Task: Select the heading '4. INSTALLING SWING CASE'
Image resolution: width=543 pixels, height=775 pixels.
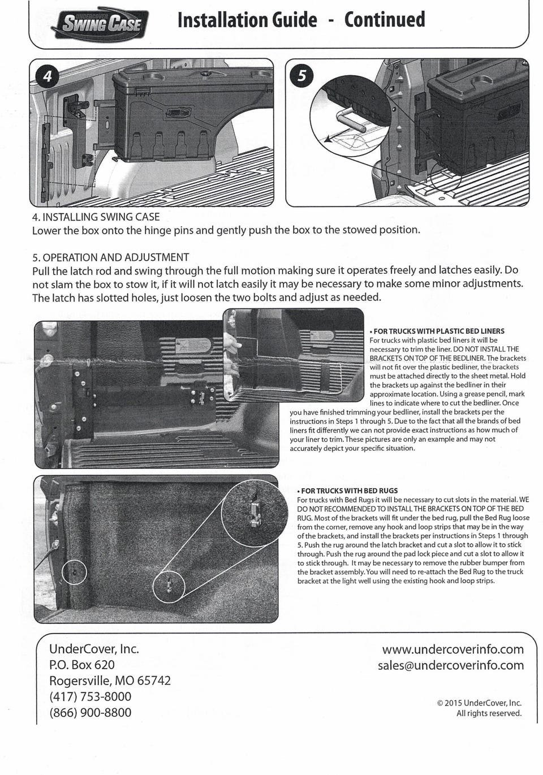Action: click(x=96, y=217)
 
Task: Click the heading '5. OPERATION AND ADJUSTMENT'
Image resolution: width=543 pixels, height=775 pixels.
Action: click(x=111, y=257)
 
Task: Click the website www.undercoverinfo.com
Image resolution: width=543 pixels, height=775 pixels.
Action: click(x=453, y=649)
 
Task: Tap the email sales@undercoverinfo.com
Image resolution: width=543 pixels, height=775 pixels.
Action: click(x=450, y=665)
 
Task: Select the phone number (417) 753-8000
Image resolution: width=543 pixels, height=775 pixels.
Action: click(x=90, y=696)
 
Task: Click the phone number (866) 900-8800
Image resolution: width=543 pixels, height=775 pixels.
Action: click(x=90, y=712)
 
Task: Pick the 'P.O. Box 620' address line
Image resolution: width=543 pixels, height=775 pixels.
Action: click(x=82, y=665)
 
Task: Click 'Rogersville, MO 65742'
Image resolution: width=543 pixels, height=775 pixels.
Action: click(x=110, y=681)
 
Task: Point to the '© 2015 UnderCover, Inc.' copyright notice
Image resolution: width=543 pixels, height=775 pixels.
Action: click(x=479, y=703)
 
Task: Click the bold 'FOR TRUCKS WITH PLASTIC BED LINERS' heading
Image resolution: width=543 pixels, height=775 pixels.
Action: click(x=438, y=331)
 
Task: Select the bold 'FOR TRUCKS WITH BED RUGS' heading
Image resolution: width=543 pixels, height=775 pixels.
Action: click(x=349, y=490)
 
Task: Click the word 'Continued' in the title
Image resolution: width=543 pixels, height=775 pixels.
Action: click(x=385, y=20)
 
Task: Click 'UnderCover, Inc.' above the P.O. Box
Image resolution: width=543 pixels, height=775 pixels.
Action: click(x=94, y=649)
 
